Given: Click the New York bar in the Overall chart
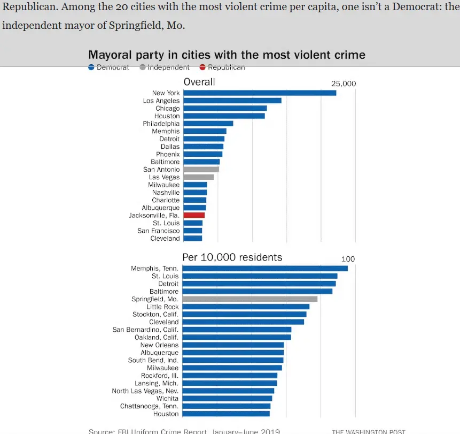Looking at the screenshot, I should (260, 93).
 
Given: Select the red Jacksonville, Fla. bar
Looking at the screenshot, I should (194, 215).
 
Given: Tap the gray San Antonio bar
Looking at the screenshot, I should (201, 170).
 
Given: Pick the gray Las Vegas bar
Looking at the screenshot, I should (198, 177).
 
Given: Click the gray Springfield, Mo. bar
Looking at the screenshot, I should (250, 299).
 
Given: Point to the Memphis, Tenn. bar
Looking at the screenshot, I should (265, 268).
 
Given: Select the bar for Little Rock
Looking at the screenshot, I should (246, 307).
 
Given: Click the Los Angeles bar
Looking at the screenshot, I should (232, 101).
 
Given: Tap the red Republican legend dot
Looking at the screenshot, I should (202, 67).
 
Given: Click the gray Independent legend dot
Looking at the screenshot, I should (142, 67).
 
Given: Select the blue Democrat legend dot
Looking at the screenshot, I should (91, 67).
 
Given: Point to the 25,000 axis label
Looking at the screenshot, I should (344, 83).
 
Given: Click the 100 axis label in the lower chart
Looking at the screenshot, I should (348, 259).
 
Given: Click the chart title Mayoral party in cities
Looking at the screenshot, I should (227, 55).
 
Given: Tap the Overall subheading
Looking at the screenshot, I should (199, 82).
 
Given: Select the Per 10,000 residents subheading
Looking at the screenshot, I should (232, 257).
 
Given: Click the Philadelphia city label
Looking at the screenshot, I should (161, 124).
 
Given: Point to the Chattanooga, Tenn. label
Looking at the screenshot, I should (150, 406).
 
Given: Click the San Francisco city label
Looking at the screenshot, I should (159, 231).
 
